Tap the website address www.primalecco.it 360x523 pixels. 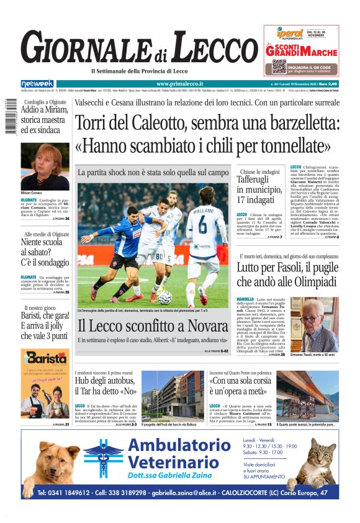coord(181,84)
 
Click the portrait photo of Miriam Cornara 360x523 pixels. coord(45,166)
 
